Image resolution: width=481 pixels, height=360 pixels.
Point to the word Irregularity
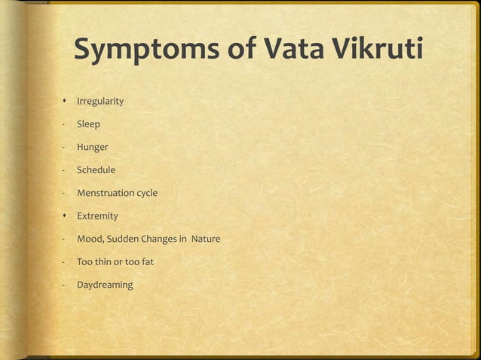(100, 101)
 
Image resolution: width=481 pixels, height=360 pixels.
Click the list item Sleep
(88, 124)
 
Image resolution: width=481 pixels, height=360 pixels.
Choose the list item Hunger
(92, 147)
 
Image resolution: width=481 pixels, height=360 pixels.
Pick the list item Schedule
(96, 170)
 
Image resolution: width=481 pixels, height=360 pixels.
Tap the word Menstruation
(106, 193)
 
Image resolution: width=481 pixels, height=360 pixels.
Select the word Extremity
(97, 216)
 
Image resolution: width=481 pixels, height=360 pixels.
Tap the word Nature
(206, 239)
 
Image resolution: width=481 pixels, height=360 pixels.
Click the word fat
(146, 262)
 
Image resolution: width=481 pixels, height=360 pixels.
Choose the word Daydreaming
(105, 285)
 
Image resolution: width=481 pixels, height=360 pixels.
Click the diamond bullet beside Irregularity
(66, 101)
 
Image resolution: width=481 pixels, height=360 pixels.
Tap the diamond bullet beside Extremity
(66, 216)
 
